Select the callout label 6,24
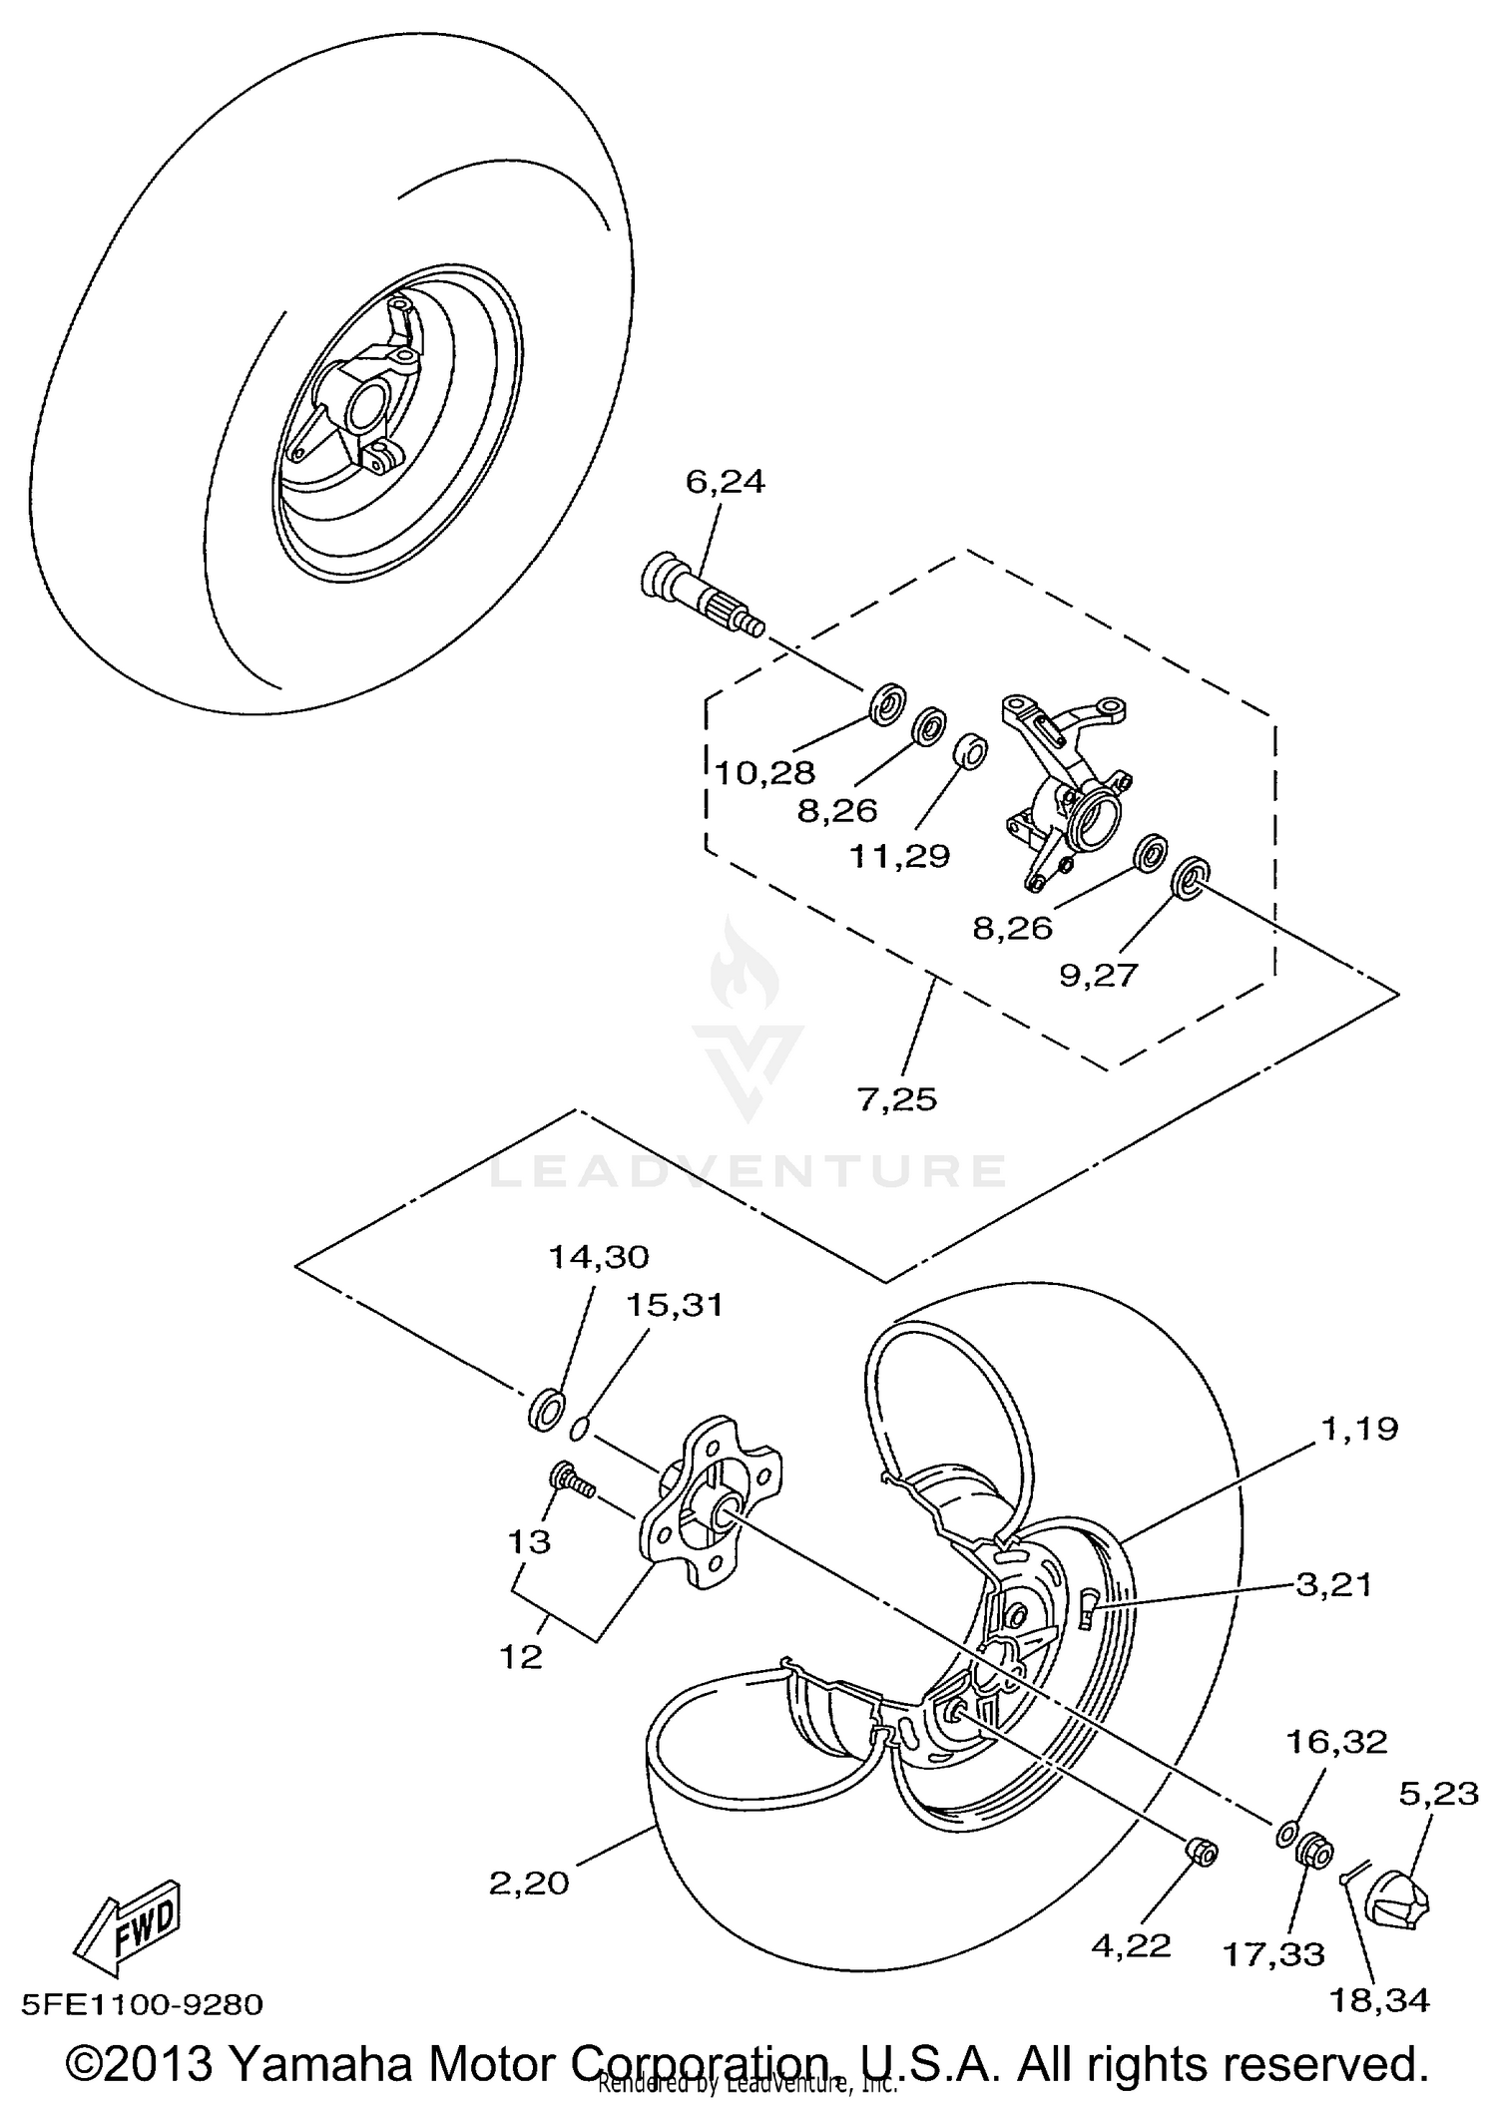click(726, 482)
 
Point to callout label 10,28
click(765, 772)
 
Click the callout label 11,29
click(900, 855)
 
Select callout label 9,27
click(1098, 975)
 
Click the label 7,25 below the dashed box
click(897, 1099)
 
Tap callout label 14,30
click(599, 1257)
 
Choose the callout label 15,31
click(675, 1305)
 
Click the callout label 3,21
click(1333, 1584)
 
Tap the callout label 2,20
click(529, 1884)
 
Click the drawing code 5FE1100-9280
click(142, 2005)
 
